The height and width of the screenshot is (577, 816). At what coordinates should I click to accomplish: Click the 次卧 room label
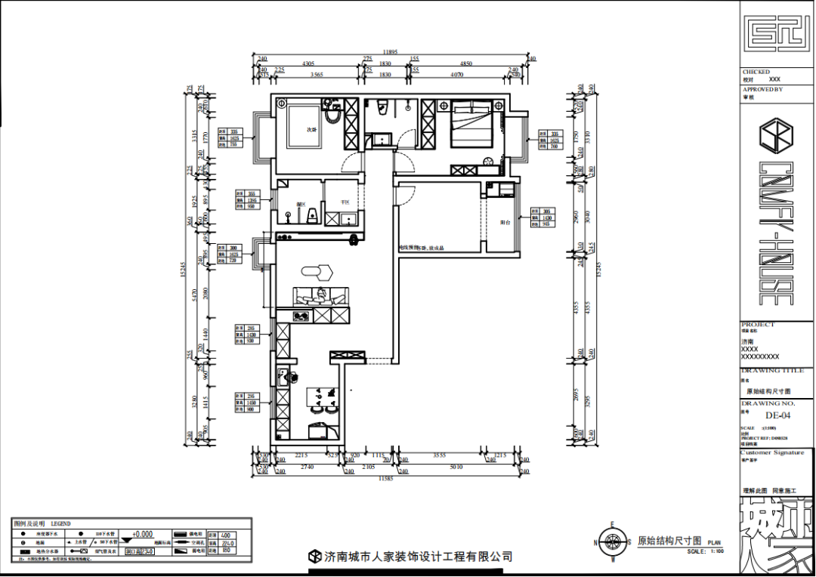click(311, 129)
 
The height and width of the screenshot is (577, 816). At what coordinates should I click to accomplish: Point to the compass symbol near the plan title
click(614, 541)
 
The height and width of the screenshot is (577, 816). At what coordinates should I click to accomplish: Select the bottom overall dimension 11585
click(386, 478)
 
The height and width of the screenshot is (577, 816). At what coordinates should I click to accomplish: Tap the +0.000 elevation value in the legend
click(142, 534)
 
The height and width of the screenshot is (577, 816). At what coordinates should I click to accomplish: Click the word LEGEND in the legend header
click(60, 523)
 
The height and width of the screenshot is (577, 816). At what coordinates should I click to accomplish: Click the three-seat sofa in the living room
click(321, 296)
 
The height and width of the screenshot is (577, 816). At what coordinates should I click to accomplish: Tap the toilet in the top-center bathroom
click(382, 107)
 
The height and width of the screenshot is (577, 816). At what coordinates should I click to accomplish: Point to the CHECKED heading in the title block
click(756, 73)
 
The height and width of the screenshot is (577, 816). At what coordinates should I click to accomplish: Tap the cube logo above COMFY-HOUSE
click(777, 137)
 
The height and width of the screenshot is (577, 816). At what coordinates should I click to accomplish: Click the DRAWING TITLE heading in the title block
click(773, 372)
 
